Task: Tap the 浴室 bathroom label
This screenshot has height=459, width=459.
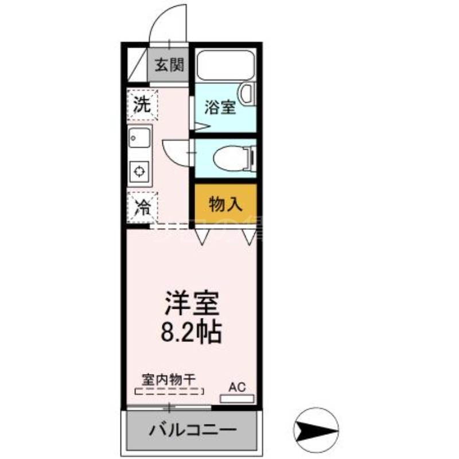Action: pos(220,107)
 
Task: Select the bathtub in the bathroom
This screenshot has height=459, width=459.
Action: pos(225,67)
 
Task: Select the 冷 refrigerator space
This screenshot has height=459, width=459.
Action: pos(142,206)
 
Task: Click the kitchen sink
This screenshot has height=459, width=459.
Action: pos(139,138)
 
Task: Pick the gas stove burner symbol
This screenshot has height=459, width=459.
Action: pos(139,170)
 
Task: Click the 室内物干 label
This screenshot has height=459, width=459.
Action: pos(169,379)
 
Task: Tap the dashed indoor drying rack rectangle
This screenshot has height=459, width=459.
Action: pos(169,392)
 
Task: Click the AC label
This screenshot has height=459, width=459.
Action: pos(237,386)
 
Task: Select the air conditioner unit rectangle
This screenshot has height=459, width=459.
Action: pos(236,398)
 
